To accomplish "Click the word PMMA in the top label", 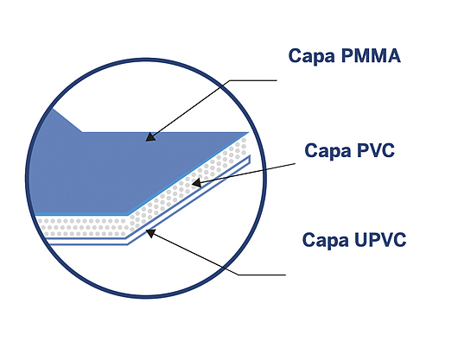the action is (x=371, y=56).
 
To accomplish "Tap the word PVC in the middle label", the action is (x=375, y=150).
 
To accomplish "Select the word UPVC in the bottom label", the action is (x=379, y=240).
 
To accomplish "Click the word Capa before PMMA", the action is (x=312, y=56).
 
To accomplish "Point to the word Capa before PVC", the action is (x=328, y=151).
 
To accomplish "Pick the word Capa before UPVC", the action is (x=326, y=240).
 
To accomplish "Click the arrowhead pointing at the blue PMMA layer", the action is (x=150, y=137).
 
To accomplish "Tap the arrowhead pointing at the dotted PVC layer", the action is (x=196, y=183).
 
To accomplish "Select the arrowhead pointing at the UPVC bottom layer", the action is (x=150, y=233).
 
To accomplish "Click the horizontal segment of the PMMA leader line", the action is (x=253, y=80).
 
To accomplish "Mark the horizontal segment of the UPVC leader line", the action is (x=262, y=275).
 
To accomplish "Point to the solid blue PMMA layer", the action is (x=117, y=172).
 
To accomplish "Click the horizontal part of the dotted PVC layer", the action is (x=83, y=227).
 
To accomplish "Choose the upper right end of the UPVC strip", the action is (x=250, y=155).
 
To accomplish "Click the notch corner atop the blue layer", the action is (x=82, y=132).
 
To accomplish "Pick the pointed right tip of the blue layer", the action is (x=248, y=133).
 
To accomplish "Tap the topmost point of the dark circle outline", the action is (x=146, y=60).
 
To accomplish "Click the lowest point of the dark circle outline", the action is (x=146, y=297).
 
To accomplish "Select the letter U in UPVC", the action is (x=359, y=240).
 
